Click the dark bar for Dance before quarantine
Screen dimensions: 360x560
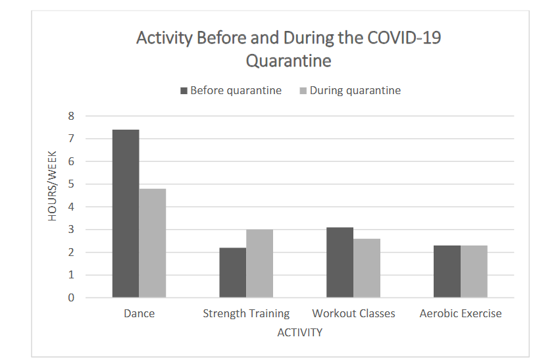pos(126,213)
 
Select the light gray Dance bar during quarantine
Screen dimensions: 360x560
pos(153,243)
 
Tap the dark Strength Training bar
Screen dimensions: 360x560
pos(233,272)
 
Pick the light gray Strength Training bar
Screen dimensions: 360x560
pos(260,263)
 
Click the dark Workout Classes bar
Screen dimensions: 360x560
pos(340,262)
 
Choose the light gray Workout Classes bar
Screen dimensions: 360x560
pos(367,268)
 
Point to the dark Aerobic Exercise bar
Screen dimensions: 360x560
pos(447,271)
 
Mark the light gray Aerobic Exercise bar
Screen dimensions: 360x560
pos(474,271)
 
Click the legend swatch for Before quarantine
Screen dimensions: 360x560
pos(184,91)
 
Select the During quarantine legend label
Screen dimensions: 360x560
pos(355,91)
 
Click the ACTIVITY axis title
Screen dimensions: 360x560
pos(300,332)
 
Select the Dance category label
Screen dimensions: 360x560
pos(140,314)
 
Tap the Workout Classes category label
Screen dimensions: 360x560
pos(353,314)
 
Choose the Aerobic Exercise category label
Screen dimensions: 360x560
pos(461,314)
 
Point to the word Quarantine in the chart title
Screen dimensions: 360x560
pos(288,62)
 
